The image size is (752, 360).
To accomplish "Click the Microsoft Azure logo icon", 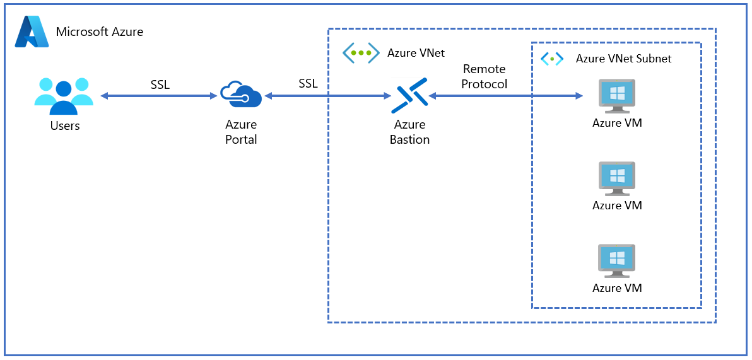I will point(32,32).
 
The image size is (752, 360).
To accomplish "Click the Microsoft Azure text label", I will point(100,32).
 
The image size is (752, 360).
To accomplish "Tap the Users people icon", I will point(64,96).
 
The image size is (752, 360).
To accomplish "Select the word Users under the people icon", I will point(65,125).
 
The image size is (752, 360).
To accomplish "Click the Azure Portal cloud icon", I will point(240,96).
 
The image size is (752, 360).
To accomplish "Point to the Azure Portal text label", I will point(241,132).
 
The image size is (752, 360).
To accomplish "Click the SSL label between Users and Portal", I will point(160,84).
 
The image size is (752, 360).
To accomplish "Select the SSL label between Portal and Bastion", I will point(308,83).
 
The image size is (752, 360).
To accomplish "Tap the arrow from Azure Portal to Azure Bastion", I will point(328,96).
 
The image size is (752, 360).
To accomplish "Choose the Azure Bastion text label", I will point(409,132).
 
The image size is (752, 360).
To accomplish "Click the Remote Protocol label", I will point(485,76).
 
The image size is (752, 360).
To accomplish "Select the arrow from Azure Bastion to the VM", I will point(505,96).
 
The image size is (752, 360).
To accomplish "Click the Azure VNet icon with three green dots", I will point(361,53).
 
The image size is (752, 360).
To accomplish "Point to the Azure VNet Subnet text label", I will point(623,59).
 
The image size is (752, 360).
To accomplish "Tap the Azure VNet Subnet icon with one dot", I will point(553,59).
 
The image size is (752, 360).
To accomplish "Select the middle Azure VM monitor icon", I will point(616,178).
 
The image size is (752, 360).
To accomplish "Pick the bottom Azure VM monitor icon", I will point(616,261).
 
